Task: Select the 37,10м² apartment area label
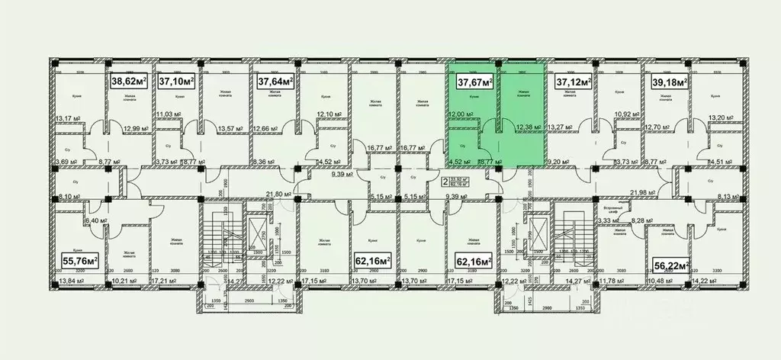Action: tap(176, 80)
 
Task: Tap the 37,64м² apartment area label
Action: tap(275, 80)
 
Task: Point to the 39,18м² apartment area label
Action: tap(669, 81)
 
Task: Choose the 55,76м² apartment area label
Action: tap(79, 261)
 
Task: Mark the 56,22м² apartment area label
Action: tap(671, 265)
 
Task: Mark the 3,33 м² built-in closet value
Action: tap(608, 220)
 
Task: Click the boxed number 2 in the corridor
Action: tap(444, 182)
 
